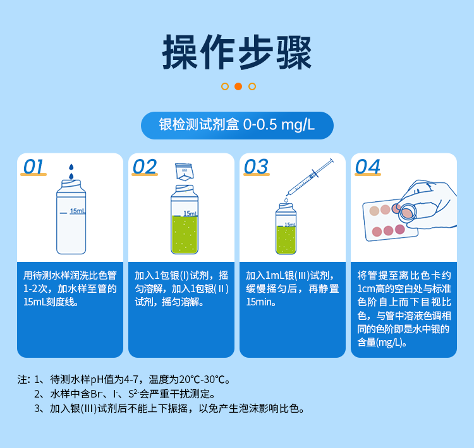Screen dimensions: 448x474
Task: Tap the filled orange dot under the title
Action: click(x=238, y=86)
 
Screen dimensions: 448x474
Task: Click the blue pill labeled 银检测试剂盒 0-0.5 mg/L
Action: click(x=237, y=125)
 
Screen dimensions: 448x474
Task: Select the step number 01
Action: click(x=33, y=167)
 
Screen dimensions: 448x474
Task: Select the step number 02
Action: click(x=145, y=167)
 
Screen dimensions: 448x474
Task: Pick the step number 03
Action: click(x=256, y=167)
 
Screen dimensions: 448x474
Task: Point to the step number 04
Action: click(x=368, y=167)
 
